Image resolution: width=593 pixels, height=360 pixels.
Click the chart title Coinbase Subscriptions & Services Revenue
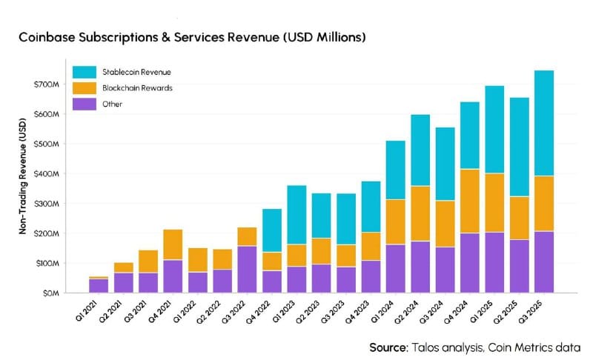pos(191,36)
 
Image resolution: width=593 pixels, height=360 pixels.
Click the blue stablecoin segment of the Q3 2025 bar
pos(543,123)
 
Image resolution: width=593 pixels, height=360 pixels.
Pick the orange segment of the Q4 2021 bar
pos(173,244)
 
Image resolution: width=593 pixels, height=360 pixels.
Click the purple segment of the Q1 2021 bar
pos(99,285)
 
